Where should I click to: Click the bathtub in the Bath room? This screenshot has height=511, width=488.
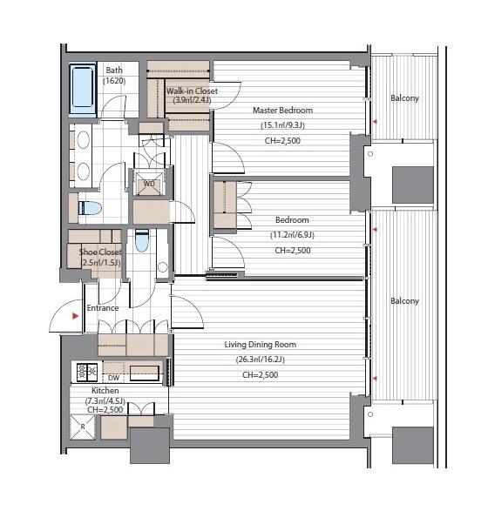pyautogui.click(x=83, y=88)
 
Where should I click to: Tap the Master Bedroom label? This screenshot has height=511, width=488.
pyautogui.click(x=283, y=111)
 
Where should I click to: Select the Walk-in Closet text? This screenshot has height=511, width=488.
pyautogui.click(x=192, y=91)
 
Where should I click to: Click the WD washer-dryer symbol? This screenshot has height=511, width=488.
pyautogui.click(x=149, y=184)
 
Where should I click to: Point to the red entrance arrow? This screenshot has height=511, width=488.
pyautogui.click(x=76, y=316)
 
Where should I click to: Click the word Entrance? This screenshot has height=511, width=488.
pyautogui.click(x=103, y=308)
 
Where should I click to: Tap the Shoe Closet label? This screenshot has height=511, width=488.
pyautogui.click(x=100, y=252)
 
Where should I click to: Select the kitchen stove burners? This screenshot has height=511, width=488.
pyautogui.click(x=87, y=372)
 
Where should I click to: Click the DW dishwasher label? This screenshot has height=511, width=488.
pyautogui.click(x=113, y=378)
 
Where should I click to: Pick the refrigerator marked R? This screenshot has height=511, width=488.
pyautogui.click(x=83, y=427)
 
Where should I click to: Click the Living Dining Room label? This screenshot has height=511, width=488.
pyautogui.click(x=261, y=345)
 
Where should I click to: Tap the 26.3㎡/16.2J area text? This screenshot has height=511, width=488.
pyautogui.click(x=261, y=360)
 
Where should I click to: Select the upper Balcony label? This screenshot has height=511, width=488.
pyautogui.click(x=404, y=98)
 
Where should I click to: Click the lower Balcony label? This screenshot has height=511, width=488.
pyautogui.click(x=404, y=301)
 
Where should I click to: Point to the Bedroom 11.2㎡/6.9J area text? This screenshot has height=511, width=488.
pyautogui.click(x=292, y=235)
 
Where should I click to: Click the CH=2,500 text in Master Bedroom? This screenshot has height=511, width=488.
pyautogui.click(x=282, y=141)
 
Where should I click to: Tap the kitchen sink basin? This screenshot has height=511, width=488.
pyautogui.click(x=145, y=373)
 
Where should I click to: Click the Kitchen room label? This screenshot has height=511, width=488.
pyautogui.click(x=105, y=390)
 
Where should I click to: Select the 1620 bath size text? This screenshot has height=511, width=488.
pyautogui.click(x=114, y=81)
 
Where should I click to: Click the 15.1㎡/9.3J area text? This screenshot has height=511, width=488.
pyautogui.click(x=282, y=125)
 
